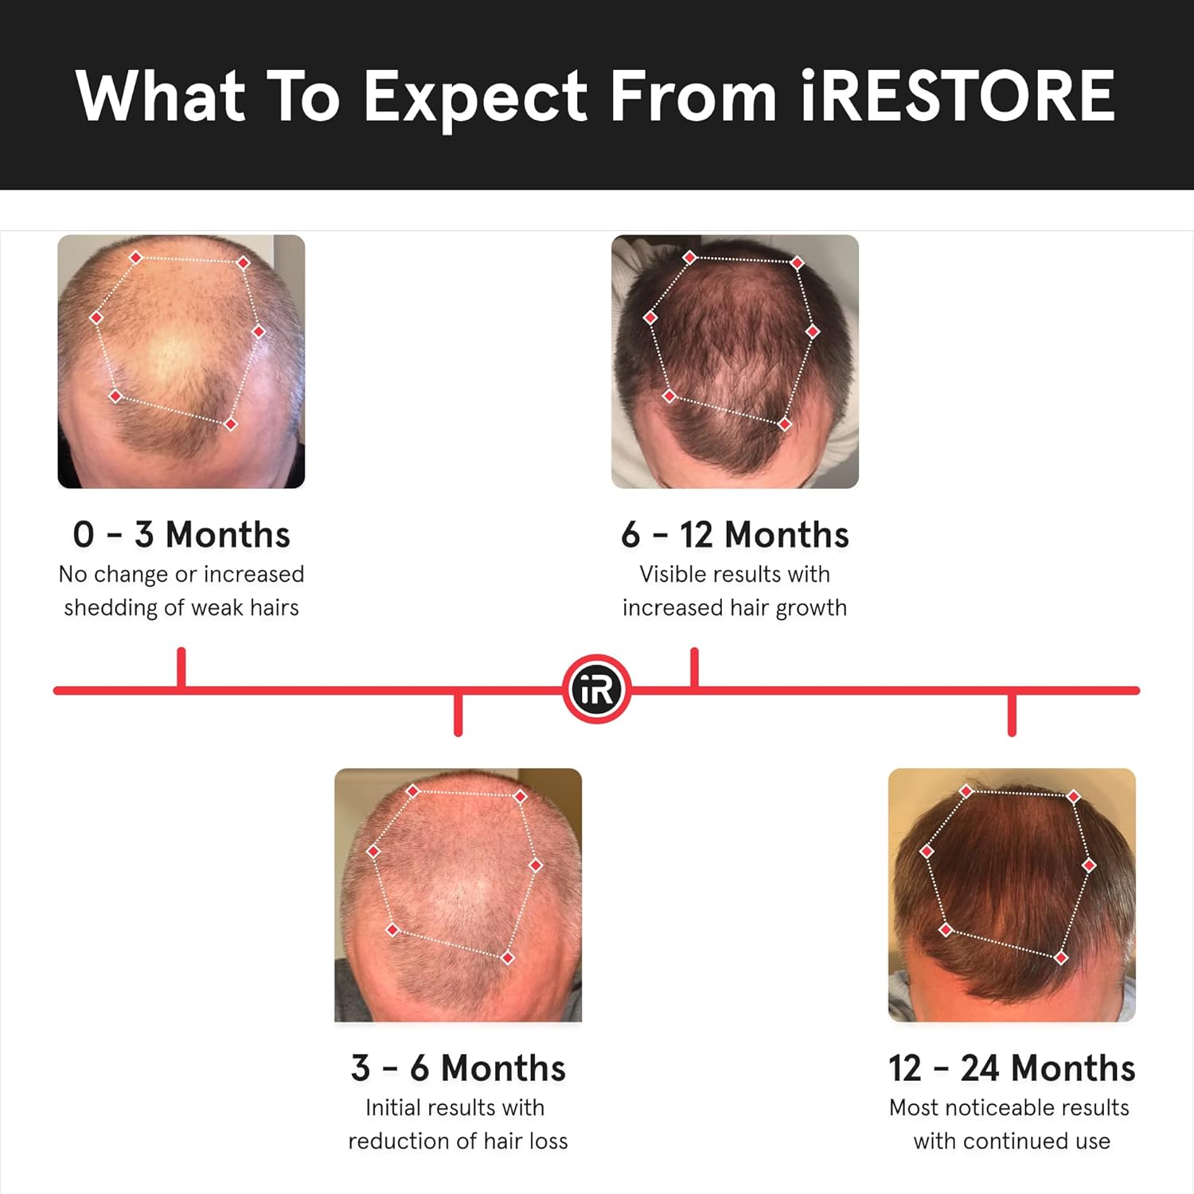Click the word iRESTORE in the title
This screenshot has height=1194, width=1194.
[x=957, y=96]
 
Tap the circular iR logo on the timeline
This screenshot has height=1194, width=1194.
[x=597, y=689]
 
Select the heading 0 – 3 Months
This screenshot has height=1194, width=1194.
[x=181, y=535]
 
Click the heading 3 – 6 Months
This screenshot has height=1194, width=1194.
[x=458, y=1068]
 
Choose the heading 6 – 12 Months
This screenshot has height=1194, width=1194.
[x=735, y=535]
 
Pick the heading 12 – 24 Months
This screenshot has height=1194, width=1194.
[x=1012, y=1068]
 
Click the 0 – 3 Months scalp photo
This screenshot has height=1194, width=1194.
[x=181, y=361]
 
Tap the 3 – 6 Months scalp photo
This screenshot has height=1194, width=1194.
[x=458, y=895]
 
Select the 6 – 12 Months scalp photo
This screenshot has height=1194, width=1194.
[x=735, y=361]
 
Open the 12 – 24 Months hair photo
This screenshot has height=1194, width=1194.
[x=1012, y=895]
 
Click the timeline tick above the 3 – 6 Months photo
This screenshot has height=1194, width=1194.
[x=458, y=714]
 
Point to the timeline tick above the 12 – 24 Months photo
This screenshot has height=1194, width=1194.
[x=1012, y=714]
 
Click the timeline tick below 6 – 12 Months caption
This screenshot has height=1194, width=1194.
[x=694, y=667]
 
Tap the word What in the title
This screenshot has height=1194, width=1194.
[x=160, y=96]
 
